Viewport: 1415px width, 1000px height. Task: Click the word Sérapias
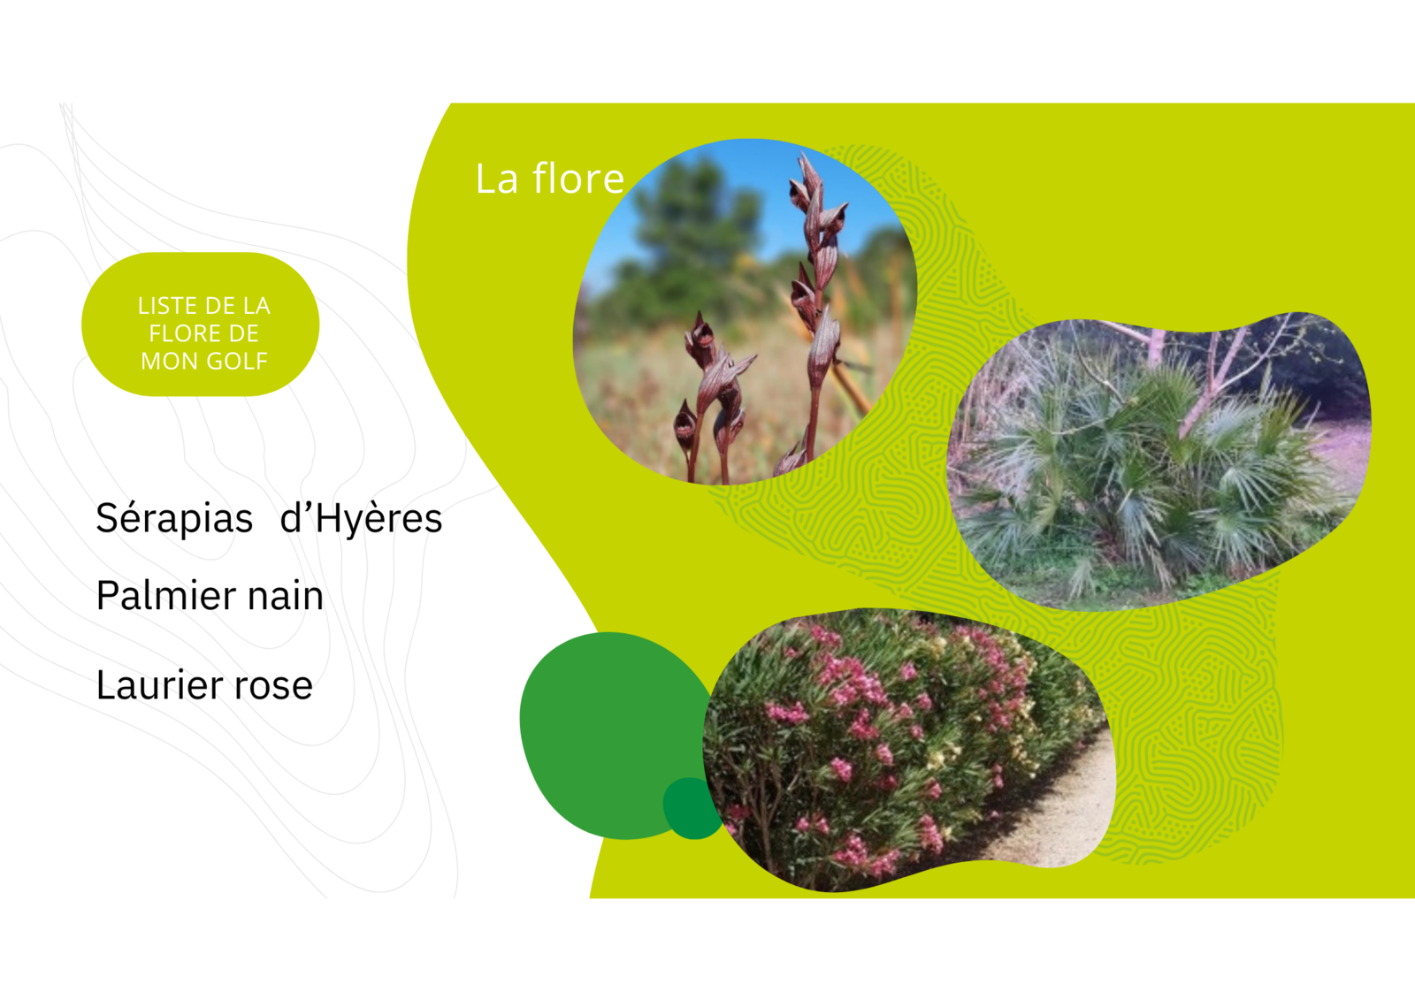coord(174,519)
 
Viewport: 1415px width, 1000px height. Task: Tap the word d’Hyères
coord(361,519)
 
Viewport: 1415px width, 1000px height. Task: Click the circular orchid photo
coord(746,312)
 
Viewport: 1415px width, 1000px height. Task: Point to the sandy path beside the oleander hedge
coord(1061,815)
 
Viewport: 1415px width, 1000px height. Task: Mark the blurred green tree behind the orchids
coord(689,233)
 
